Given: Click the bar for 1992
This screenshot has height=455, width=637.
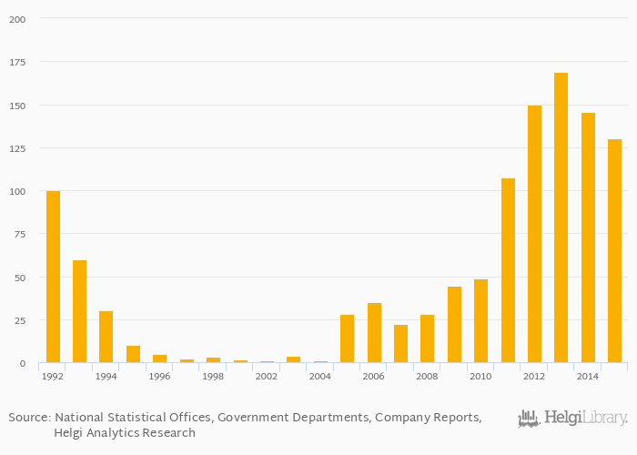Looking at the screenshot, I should pos(53,277).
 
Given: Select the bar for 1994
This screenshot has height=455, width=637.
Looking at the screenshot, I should pos(106,337).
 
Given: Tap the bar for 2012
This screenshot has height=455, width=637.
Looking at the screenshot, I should pos(534,234).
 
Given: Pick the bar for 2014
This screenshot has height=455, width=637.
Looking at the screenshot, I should pos(588,238).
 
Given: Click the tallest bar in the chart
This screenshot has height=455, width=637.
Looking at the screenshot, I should pos(561,217).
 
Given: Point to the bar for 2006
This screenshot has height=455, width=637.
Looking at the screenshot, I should pos(374,333).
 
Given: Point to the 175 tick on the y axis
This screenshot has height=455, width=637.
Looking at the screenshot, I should pos(16,62).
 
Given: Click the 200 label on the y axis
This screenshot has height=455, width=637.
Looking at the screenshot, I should pos(16,19).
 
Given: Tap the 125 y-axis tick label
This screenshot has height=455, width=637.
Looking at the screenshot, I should pos(16,148).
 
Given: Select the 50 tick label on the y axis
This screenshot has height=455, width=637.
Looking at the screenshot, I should pos(19,278).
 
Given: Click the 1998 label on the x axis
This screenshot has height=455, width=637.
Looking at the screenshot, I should pos(213,376).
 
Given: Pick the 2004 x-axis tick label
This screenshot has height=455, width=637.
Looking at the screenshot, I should pos(319,376).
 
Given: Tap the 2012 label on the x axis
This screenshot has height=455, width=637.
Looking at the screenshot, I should pos(533,376).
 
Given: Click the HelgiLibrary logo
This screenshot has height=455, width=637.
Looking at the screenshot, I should pos(572,419).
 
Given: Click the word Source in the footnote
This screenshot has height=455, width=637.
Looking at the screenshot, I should pos(28,417).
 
